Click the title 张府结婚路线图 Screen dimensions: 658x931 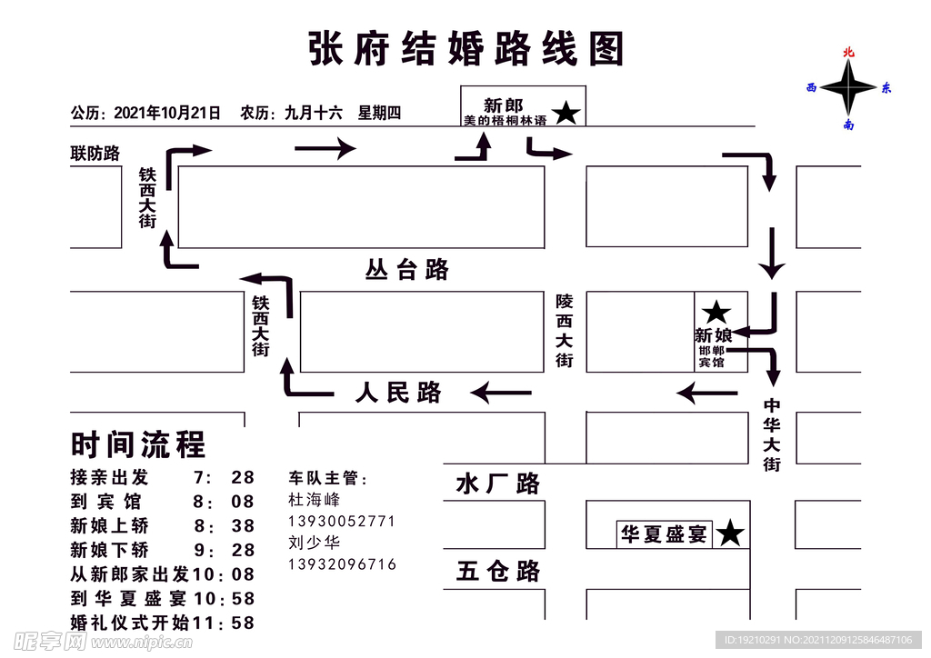point(466,49)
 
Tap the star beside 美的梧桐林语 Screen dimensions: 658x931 point(566,114)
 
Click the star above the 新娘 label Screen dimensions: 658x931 point(716,313)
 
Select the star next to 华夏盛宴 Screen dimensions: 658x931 point(729,534)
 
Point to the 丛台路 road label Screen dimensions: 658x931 point(406,270)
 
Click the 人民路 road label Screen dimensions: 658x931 point(398,393)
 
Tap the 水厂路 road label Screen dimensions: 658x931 point(497,484)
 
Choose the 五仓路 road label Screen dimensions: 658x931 point(498,571)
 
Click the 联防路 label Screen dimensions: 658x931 point(95,154)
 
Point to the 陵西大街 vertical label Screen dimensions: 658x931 point(565,330)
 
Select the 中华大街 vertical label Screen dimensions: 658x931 point(772,435)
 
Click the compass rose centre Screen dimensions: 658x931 point(848,88)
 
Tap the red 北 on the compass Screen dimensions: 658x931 point(848,53)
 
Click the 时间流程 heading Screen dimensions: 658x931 point(138,444)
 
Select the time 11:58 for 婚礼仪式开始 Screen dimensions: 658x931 point(224,623)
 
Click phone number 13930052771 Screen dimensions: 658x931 point(342,521)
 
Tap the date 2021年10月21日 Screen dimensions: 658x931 point(167,114)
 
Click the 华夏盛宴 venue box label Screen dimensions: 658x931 point(664,534)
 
